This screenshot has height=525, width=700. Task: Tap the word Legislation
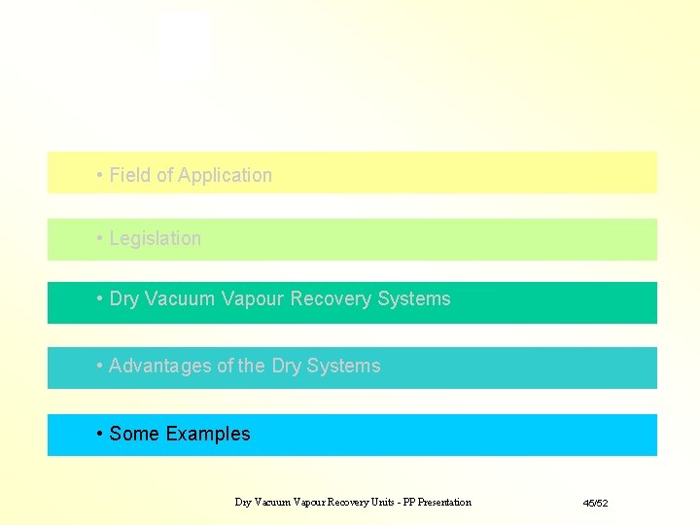(156, 239)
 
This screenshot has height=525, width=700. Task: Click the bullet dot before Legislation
(100, 239)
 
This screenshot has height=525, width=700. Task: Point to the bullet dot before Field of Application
(100, 176)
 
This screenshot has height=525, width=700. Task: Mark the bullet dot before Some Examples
(100, 435)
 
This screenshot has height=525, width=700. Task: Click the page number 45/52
(595, 503)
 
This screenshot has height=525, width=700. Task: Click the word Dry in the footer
(243, 503)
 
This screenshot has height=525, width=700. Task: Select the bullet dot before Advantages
(100, 367)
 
